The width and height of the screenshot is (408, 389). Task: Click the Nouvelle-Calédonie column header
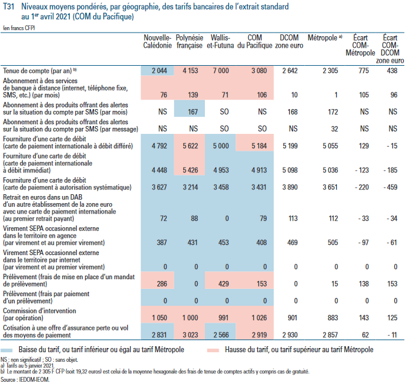[157, 42]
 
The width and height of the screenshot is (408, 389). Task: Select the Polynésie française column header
[189, 42]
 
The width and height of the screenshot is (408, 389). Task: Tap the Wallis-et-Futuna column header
[221, 42]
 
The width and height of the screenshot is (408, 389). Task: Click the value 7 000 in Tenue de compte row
[221, 71]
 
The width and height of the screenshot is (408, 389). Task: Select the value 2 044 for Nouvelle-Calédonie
[157, 71]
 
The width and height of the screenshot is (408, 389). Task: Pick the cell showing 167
[192, 112]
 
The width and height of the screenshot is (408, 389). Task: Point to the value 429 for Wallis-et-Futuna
[224, 282]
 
